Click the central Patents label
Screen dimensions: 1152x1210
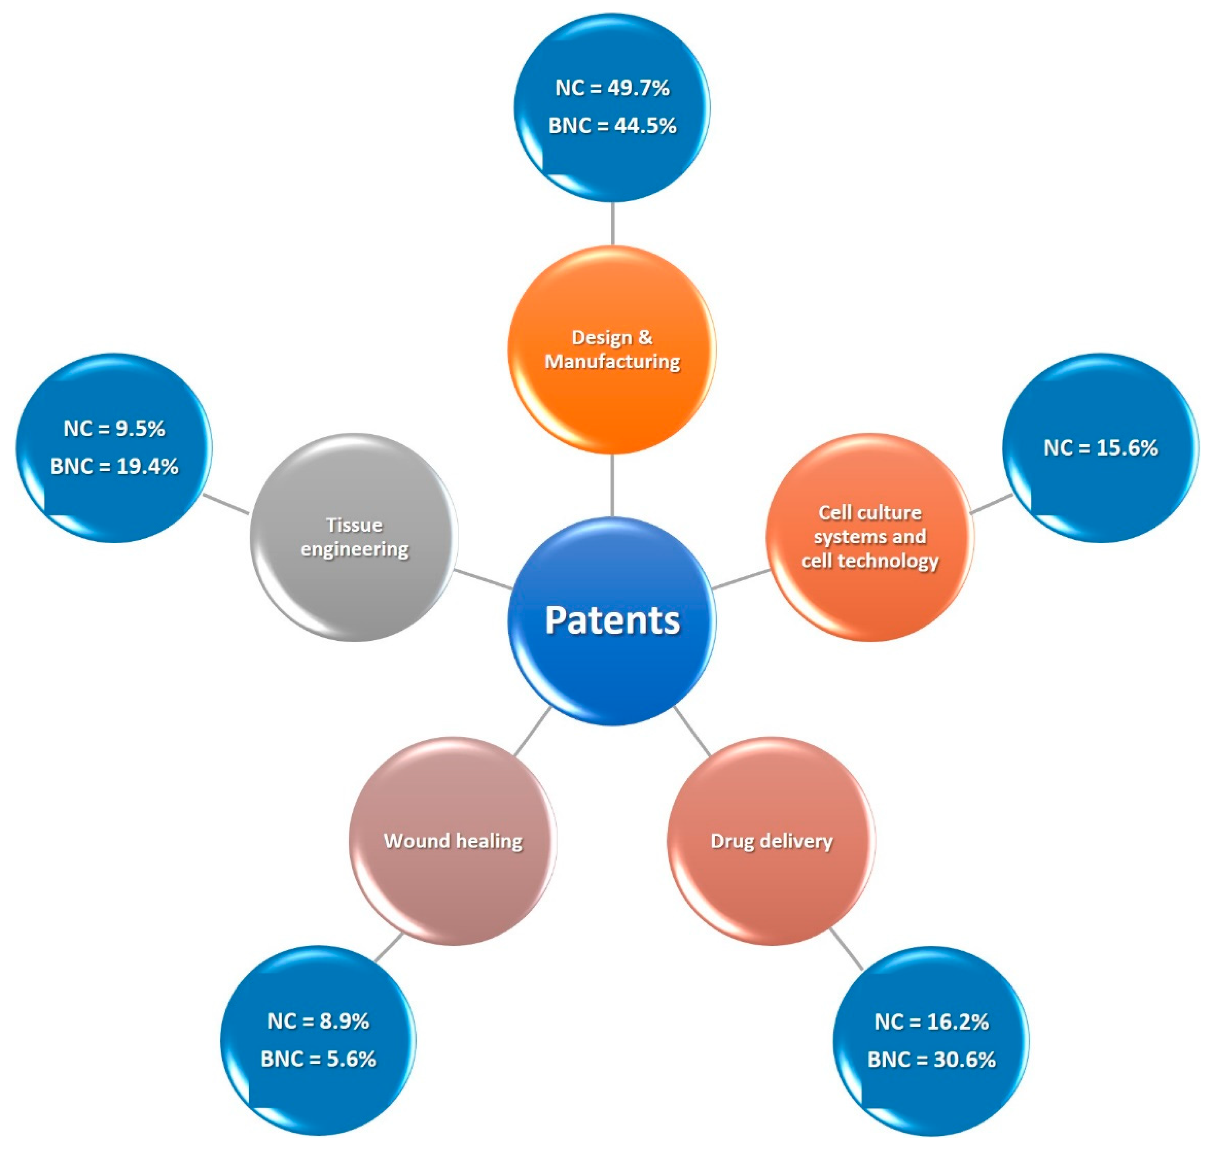tap(612, 620)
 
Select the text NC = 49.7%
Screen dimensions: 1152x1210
tap(612, 88)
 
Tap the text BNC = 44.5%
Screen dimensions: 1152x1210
tap(612, 126)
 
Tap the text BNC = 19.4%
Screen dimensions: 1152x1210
tap(114, 467)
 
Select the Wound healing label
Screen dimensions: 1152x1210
tap(453, 841)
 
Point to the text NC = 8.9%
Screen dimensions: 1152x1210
tap(318, 1021)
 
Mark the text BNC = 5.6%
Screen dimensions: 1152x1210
tap(318, 1059)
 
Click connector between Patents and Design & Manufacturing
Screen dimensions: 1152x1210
tap(612, 485)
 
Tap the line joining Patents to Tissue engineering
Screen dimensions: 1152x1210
tap(483, 579)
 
